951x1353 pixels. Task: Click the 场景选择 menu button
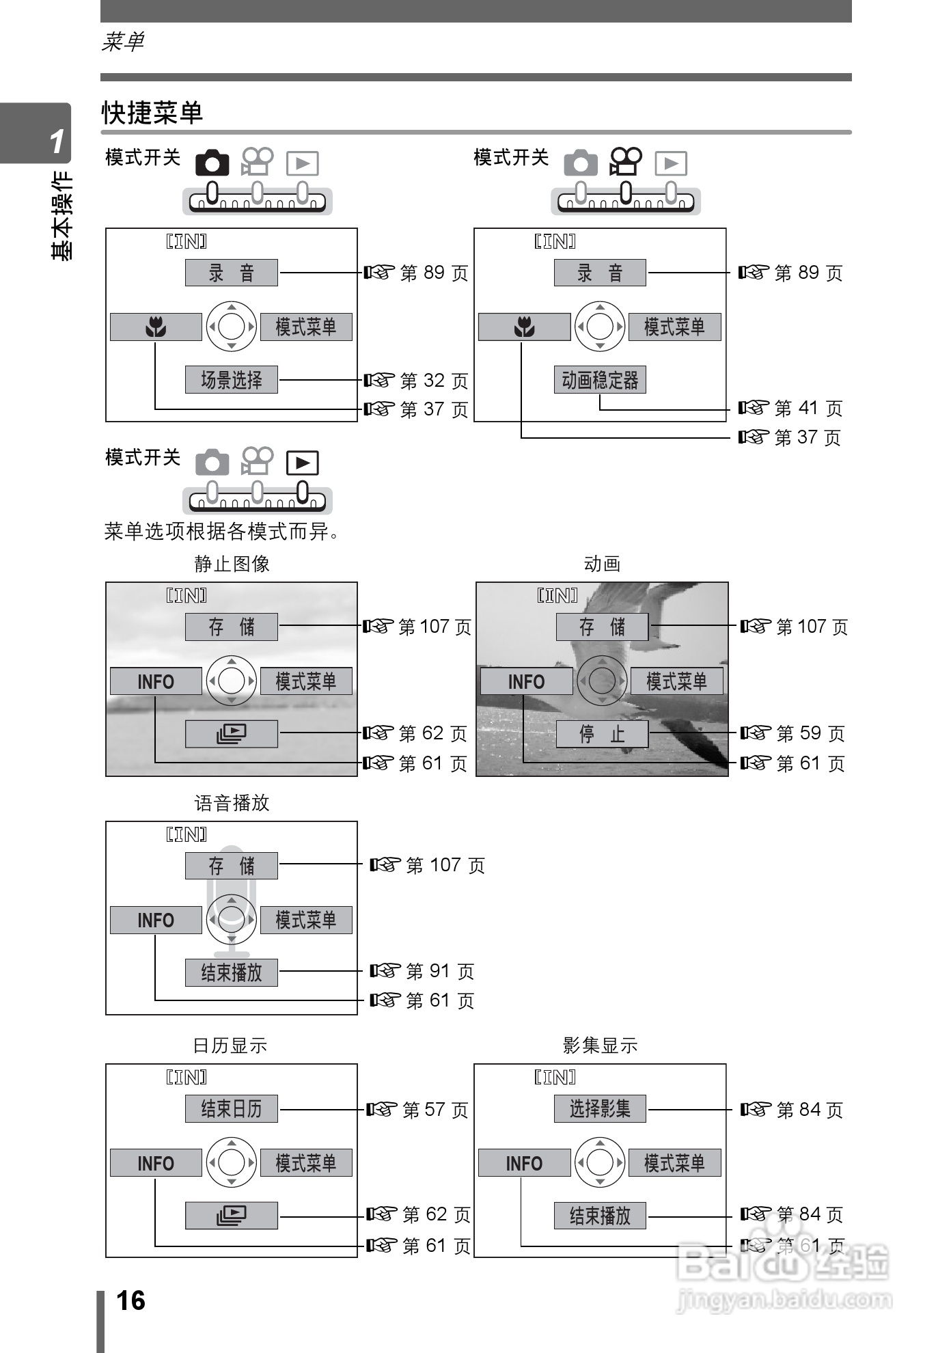point(231,380)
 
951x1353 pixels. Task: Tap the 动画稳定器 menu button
point(600,380)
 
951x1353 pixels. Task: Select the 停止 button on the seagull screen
point(602,735)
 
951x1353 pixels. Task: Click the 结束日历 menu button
point(231,1108)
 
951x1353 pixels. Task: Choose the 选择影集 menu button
point(600,1108)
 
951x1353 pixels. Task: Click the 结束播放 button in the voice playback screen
point(231,972)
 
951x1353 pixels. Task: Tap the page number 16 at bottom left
point(130,1300)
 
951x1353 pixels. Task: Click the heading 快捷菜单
point(152,113)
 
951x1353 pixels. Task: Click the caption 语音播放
point(232,803)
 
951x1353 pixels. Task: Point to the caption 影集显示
point(600,1045)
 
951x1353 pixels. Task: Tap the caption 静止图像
point(232,564)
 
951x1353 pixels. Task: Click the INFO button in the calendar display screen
point(156,1163)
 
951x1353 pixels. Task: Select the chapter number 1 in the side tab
point(57,141)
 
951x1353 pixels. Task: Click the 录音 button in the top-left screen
point(231,273)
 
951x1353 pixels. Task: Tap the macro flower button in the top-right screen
point(524,327)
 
